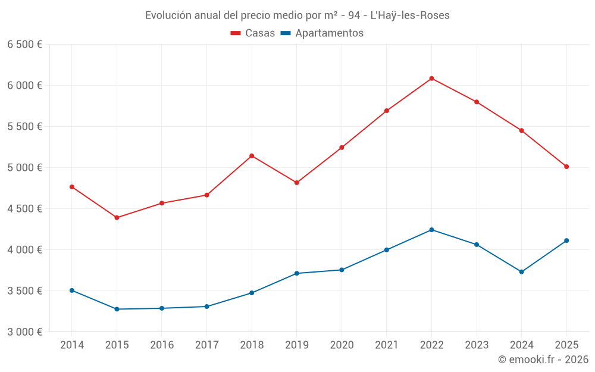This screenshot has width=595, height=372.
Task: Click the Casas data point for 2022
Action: click(431, 79)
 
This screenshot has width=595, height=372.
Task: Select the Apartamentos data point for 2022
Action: click(431, 230)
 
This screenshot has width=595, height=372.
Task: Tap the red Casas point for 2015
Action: click(117, 218)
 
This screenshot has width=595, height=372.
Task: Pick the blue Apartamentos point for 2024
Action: click(521, 272)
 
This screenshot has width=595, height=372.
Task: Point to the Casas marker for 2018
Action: click(252, 156)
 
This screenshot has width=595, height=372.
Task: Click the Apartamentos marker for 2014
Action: click(72, 290)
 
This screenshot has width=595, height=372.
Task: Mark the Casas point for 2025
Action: click(566, 167)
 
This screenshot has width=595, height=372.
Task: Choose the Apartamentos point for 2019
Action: click(296, 273)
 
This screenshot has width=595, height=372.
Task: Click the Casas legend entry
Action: click(253, 33)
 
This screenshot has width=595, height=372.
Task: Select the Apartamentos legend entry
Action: click(321, 33)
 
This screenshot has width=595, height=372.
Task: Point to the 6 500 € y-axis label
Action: click(24, 45)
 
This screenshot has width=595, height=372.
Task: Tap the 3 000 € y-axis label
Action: click(24, 332)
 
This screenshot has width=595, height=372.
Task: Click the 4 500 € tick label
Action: click(24, 209)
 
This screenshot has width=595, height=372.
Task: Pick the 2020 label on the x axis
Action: click(342, 345)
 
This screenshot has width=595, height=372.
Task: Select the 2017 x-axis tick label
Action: click(206, 345)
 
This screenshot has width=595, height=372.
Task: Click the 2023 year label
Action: click(477, 345)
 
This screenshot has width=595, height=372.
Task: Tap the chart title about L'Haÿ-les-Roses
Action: click(297, 15)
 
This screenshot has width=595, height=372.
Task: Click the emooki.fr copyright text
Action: click(543, 360)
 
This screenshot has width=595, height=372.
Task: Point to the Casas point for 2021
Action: click(387, 111)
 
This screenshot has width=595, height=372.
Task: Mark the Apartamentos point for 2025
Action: click(566, 240)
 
